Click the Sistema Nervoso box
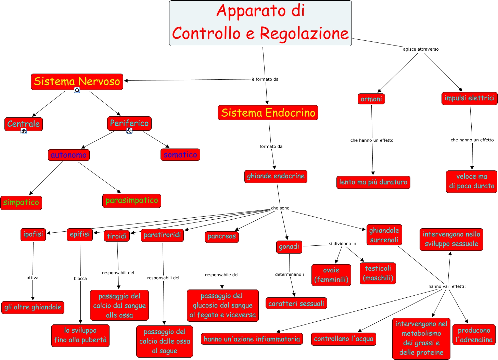tap(77, 81)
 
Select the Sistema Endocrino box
tap(268, 113)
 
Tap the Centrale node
tap(23, 124)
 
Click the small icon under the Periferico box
tap(129, 131)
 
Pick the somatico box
tap(180, 155)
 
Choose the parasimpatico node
tap(131, 201)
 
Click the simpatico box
tap(21, 203)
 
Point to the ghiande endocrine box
tap(276, 176)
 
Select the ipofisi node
tap(33, 234)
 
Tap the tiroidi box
tap(116, 236)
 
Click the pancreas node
tap(221, 236)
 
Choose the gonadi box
tap(289, 247)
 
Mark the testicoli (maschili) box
tap(378, 273)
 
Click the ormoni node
tap(371, 99)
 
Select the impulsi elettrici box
tap(469, 98)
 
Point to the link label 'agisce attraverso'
tap(421, 49)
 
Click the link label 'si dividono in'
tap(342, 244)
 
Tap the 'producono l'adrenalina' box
tap(474, 335)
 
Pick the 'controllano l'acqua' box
tap(343, 339)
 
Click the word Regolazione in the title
tap(304, 34)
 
